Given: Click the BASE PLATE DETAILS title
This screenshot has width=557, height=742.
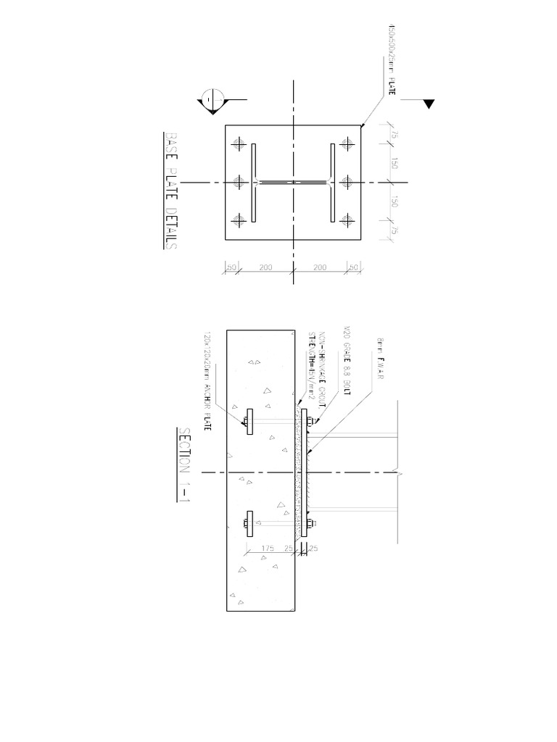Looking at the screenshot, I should tap(171, 191).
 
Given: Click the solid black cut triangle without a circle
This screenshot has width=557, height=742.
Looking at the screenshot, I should tap(429, 104).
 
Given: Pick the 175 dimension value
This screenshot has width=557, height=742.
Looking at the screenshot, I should tap(269, 549).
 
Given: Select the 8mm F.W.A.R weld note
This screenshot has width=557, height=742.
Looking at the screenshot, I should tap(379, 360).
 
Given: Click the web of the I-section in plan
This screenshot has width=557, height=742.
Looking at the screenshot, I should tap(293, 181).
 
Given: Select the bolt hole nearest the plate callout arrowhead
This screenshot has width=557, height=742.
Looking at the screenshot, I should tap(349, 144).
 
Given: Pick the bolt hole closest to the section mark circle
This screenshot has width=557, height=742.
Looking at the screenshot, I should tap(239, 144).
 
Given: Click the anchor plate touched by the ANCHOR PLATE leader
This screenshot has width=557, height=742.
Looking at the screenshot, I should tap(249, 421).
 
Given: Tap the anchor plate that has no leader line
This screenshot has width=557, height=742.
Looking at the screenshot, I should tap(249, 523).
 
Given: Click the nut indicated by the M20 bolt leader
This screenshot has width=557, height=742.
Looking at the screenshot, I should tap(308, 421).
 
